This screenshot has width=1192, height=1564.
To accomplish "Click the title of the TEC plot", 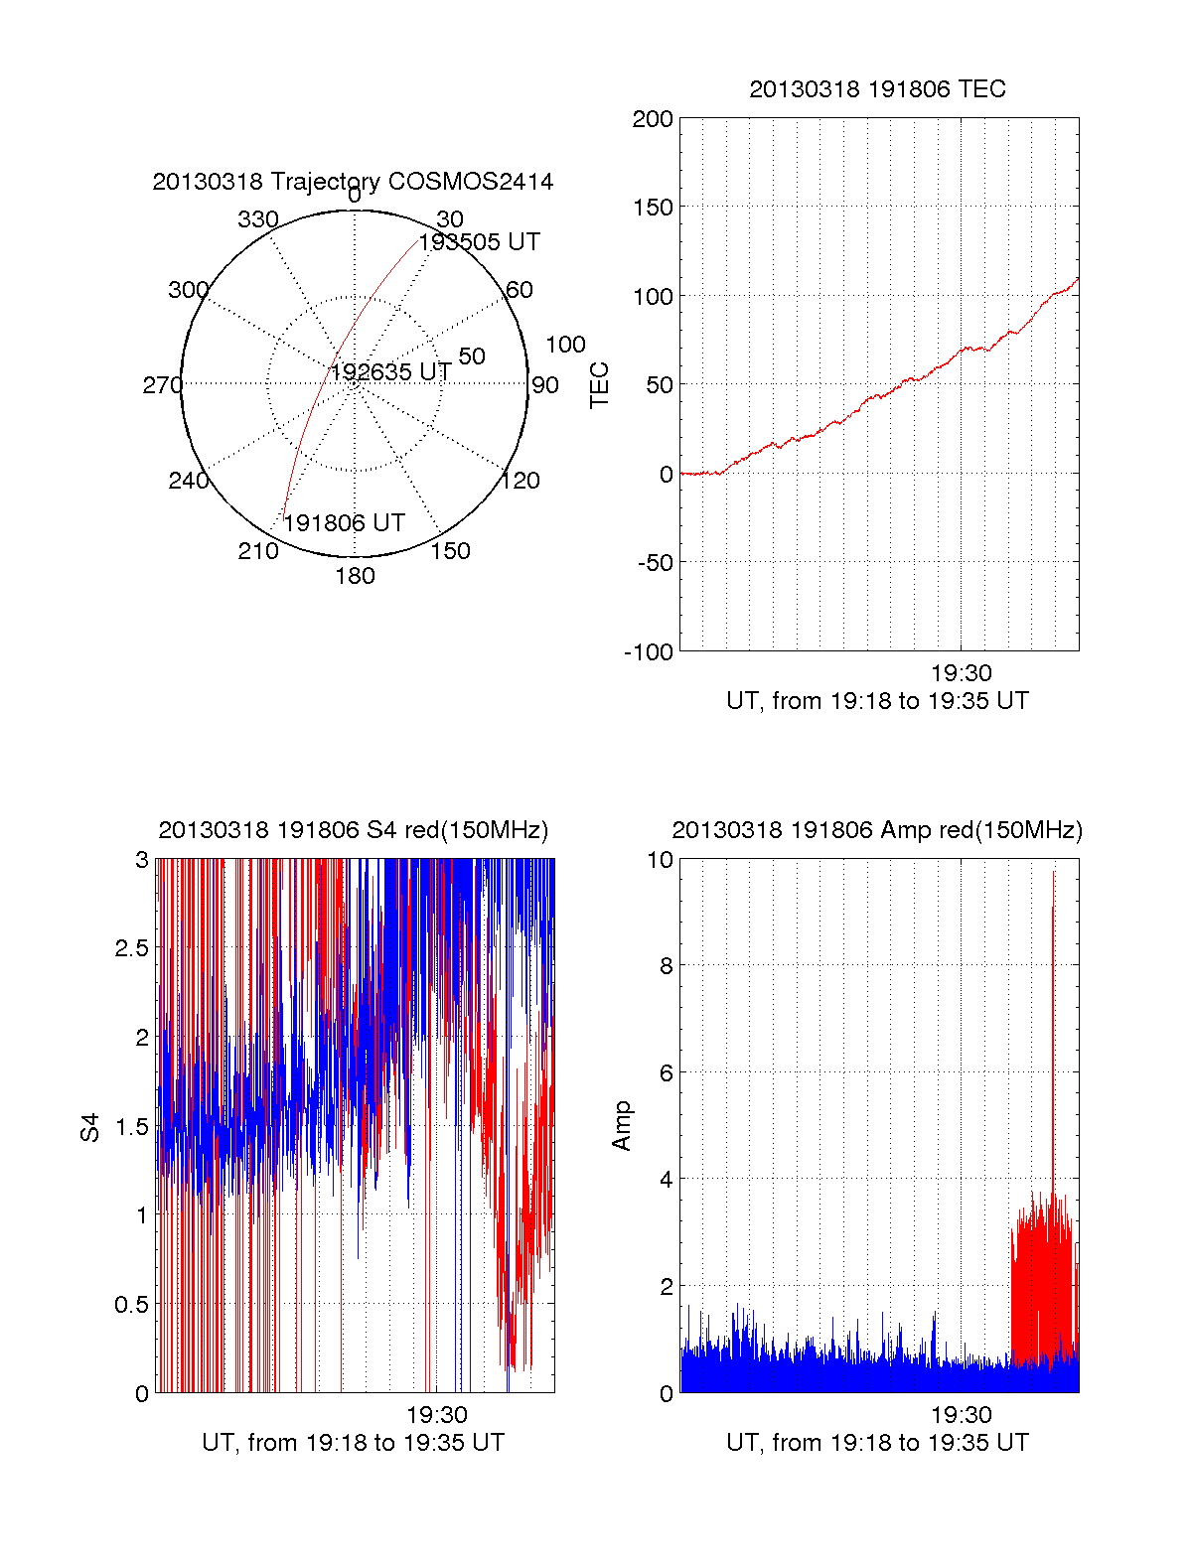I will click(877, 89).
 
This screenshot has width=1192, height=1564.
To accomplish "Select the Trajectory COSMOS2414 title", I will click(353, 182).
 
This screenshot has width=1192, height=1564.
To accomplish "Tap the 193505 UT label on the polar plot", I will click(479, 242).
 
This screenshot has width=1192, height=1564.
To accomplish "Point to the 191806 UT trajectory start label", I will click(344, 523).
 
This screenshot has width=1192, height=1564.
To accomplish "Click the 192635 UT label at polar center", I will click(390, 372).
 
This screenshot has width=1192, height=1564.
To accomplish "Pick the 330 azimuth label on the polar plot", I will click(257, 219).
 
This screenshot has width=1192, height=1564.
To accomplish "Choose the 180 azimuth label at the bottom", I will click(355, 576).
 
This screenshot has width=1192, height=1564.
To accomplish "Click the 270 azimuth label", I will click(162, 385).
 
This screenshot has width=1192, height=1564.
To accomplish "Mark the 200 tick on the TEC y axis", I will click(653, 120).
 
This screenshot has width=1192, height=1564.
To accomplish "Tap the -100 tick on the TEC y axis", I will click(649, 652).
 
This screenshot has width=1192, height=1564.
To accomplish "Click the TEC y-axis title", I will click(600, 385).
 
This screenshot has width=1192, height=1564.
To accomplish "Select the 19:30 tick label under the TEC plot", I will click(961, 673).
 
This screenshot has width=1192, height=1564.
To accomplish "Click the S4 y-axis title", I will click(90, 1127).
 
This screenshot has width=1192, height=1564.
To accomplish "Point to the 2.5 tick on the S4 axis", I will click(131, 948).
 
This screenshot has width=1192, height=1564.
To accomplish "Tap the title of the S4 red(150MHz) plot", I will click(353, 830).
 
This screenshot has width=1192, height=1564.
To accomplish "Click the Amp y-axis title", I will click(622, 1126).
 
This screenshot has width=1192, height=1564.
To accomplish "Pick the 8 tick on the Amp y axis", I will click(666, 966).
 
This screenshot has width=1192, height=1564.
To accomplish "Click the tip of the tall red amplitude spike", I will click(1054, 872).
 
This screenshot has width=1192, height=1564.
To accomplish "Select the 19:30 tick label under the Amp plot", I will click(961, 1415).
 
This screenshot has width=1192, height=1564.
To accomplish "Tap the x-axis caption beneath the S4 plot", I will click(353, 1443).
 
